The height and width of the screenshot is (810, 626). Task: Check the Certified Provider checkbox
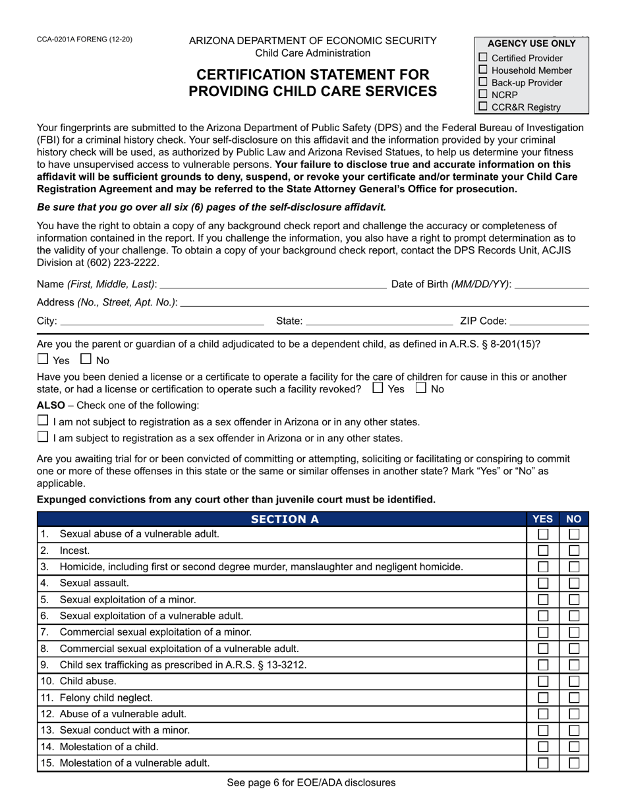[x=483, y=57]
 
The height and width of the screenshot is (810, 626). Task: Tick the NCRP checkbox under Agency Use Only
[x=483, y=94]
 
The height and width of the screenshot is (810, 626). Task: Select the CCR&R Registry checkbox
[x=483, y=106]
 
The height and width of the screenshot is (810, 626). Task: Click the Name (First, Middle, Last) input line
[x=273, y=284]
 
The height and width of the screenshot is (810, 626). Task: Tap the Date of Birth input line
[x=552, y=284]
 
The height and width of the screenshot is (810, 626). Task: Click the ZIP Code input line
[x=550, y=321]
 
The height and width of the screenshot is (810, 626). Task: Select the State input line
[x=380, y=321]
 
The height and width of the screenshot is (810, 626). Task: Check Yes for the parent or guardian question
[x=43, y=360]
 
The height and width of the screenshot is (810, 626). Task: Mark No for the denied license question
[x=422, y=389]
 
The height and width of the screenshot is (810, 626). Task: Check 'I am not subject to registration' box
[x=43, y=421]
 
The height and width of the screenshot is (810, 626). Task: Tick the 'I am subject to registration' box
[x=43, y=437]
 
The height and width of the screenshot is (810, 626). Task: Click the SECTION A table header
[x=285, y=519]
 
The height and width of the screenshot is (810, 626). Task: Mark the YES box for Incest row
[x=543, y=551]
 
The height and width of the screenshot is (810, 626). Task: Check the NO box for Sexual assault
[x=575, y=583]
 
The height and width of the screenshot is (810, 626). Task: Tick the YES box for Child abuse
[x=543, y=682]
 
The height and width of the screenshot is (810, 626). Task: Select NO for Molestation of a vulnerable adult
[x=575, y=763]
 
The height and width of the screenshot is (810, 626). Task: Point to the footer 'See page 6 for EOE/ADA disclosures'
[x=311, y=783]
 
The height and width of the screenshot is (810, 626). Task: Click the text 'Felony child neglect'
[x=106, y=697]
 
